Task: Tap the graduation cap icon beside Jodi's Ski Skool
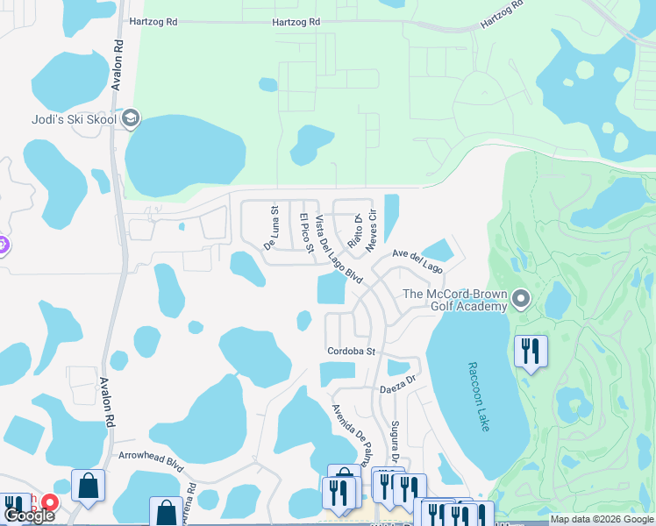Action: click(131, 119)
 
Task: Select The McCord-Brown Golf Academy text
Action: click(455, 300)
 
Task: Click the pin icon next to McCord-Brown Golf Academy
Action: click(521, 300)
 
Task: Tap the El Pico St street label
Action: click(306, 233)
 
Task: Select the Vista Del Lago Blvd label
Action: click(339, 249)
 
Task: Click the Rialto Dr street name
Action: click(354, 231)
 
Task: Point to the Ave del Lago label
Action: click(417, 260)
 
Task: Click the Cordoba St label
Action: click(353, 352)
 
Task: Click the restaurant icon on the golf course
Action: click(531, 352)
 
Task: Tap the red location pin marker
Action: click(50, 503)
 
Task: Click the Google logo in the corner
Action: click(29, 515)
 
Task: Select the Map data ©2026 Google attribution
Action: click(602, 519)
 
